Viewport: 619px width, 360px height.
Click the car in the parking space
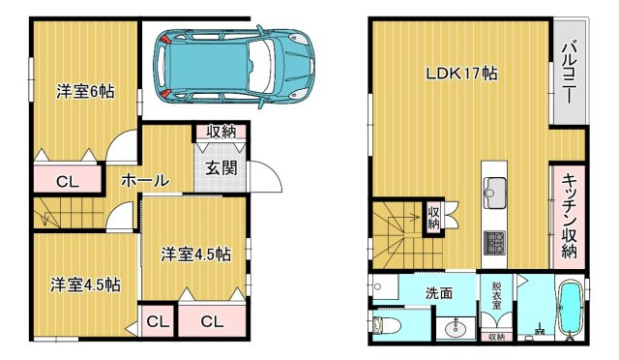236,66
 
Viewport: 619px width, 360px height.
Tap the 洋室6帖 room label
85,92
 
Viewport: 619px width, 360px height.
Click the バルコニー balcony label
570,74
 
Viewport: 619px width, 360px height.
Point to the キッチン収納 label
570,219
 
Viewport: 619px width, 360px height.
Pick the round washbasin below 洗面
452,329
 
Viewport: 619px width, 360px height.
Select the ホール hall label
145,180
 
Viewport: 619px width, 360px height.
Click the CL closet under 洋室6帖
67,179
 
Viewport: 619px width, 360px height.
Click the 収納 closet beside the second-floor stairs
434,218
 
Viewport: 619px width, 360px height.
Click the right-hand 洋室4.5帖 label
195,255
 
